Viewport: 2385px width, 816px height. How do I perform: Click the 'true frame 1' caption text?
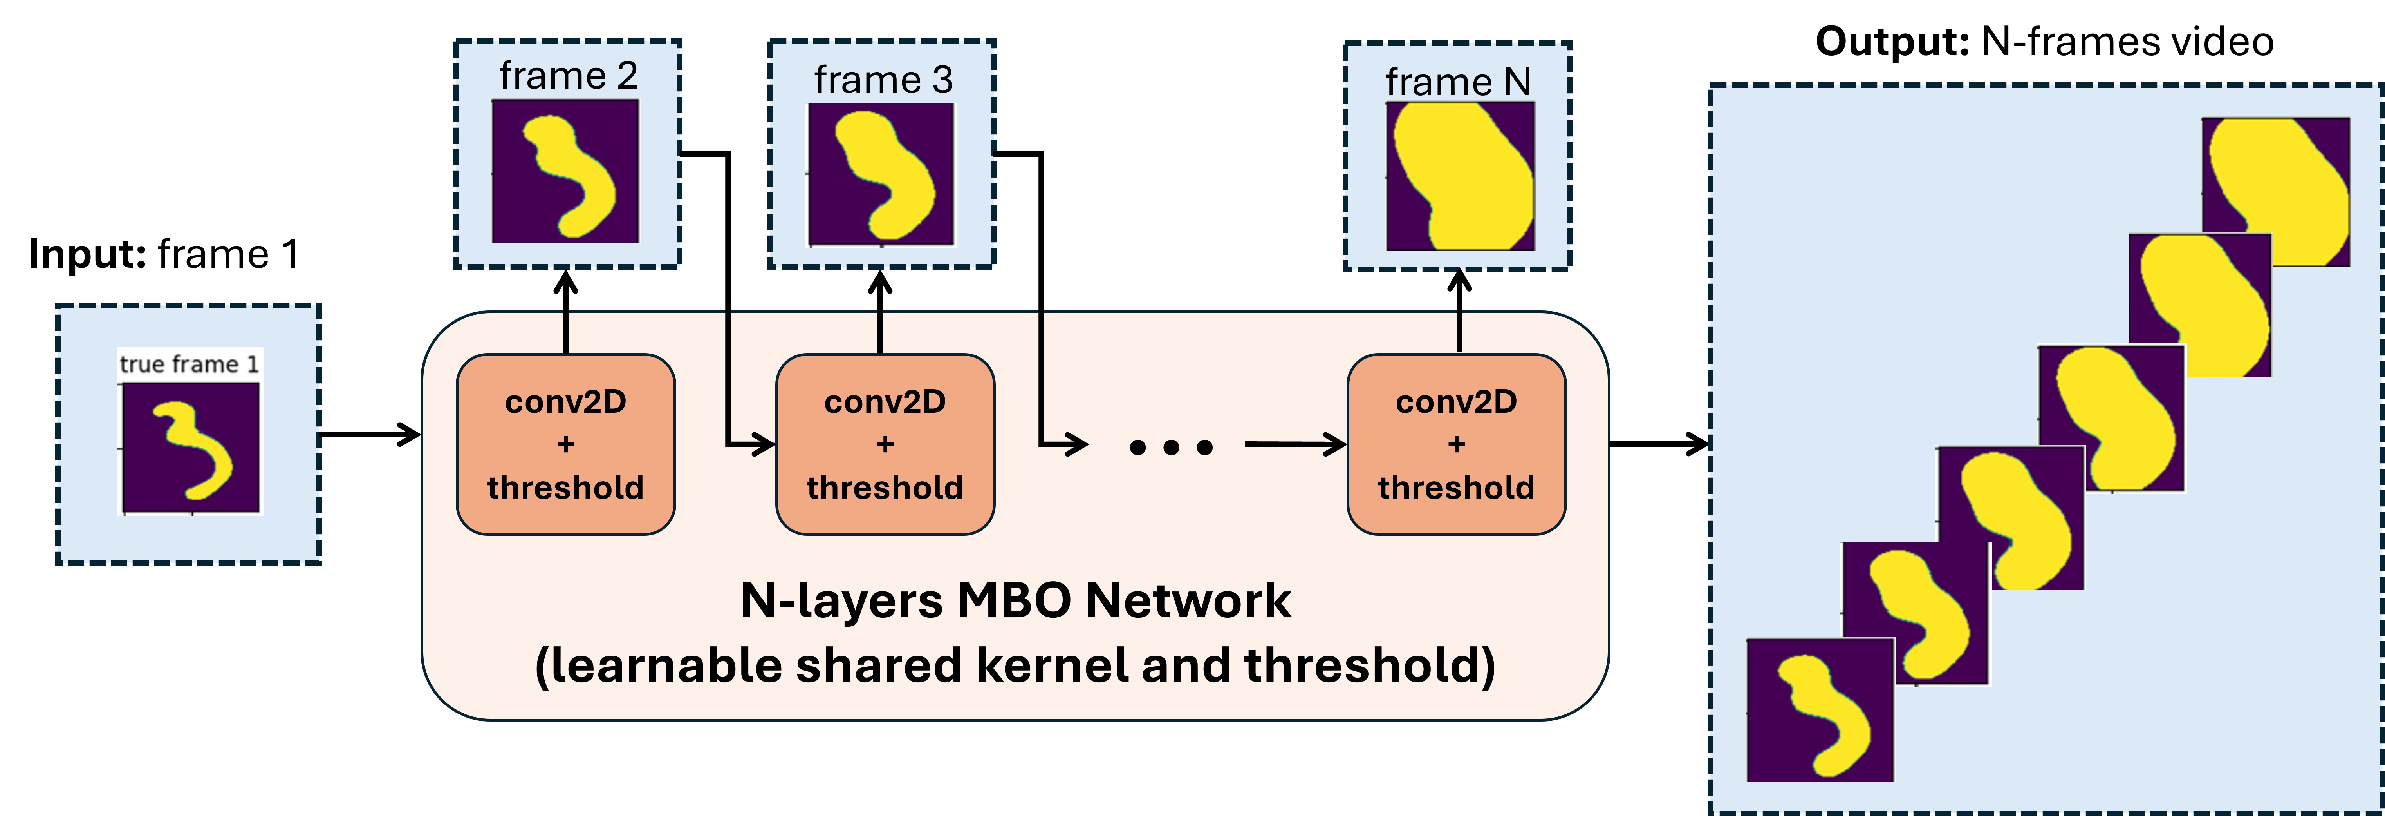click(x=189, y=364)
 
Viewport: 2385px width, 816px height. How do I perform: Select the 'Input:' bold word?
click(x=87, y=254)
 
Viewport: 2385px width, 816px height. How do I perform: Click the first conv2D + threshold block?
click(x=566, y=444)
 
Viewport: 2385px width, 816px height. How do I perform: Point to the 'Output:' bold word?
click(x=1892, y=42)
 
